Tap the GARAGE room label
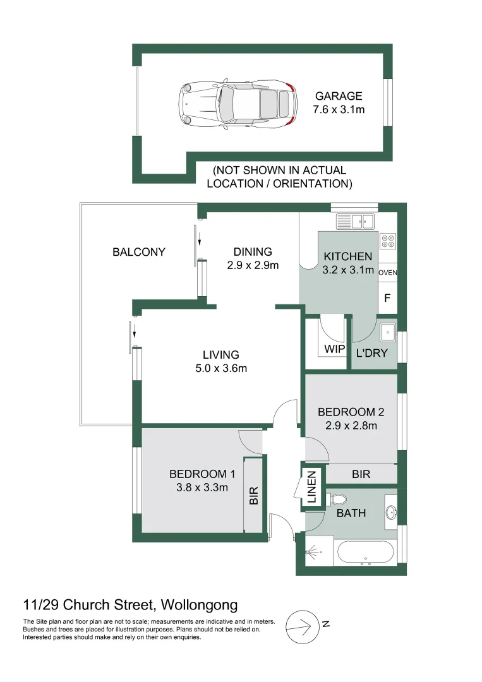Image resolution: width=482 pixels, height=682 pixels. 339,96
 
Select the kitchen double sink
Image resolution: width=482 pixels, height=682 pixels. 355,221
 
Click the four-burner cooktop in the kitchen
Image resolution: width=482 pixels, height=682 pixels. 388,241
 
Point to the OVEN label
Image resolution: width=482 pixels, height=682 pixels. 388,273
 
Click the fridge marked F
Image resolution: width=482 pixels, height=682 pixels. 387,297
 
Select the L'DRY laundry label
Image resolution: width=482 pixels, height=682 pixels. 371,353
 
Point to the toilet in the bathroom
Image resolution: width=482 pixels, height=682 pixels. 337,498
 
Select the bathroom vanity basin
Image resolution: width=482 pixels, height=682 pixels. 390,512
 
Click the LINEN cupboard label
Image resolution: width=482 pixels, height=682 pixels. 311,487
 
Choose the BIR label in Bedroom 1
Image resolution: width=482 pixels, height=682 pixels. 254,495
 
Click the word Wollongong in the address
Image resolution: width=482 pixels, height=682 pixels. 200,605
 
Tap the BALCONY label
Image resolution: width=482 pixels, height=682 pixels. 138,252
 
